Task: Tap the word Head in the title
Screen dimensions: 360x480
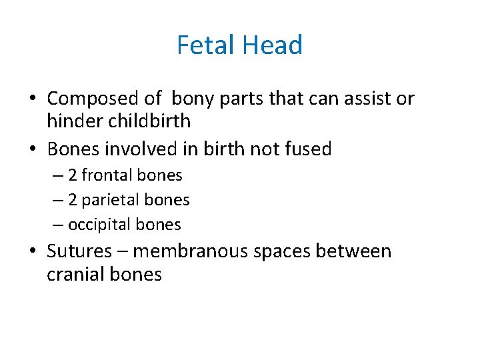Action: click(x=273, y=45)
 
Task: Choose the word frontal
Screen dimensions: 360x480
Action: click(x=107, y=176)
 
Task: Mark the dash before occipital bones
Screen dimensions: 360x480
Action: click(x=59, y=225)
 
